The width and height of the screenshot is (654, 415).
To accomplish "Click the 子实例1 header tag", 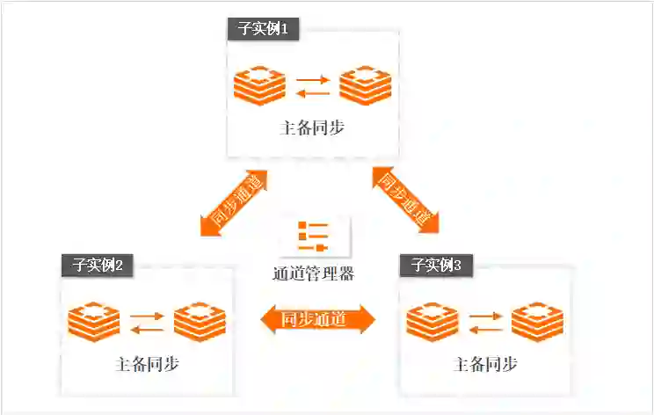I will [264, 29].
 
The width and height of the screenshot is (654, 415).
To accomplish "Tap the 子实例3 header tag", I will [437, 264].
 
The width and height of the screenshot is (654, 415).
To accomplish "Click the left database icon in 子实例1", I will [260, 86].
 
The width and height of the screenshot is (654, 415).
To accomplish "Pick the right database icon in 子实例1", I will [365, 86].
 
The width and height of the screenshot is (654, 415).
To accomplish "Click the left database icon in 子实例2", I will [95, 322].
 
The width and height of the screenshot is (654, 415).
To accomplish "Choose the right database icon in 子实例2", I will [200, 322].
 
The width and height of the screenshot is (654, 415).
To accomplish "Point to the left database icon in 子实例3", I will [433, 322].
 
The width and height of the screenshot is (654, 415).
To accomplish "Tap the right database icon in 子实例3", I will [537, 322].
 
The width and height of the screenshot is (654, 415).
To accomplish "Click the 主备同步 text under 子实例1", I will [312, 128].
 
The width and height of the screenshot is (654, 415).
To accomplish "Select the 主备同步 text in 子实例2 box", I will [147, 364].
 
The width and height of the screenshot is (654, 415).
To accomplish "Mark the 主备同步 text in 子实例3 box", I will [484, 364].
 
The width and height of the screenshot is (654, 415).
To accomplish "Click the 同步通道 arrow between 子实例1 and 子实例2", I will [233, 203].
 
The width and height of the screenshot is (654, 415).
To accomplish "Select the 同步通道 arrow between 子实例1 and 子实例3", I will [405, 200].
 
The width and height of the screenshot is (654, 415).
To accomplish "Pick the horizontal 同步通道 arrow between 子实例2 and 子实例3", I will [317, 319].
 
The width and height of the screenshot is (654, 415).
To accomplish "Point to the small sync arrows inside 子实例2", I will [147, 322].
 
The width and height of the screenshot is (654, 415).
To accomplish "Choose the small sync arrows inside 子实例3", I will [485, 322].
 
